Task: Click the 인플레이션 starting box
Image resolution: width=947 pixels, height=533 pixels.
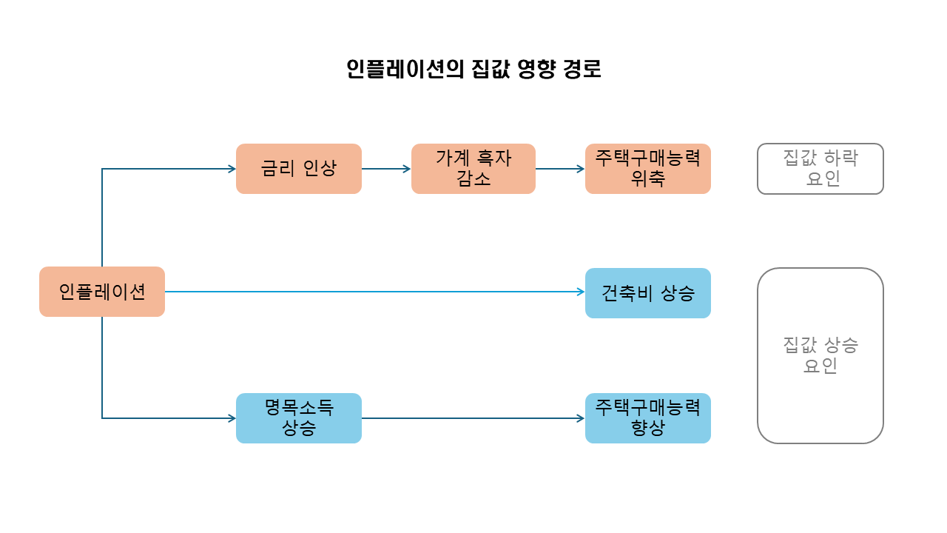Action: click(x=102, y=292)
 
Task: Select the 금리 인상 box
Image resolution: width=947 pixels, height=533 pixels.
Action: click(x=299, y=169)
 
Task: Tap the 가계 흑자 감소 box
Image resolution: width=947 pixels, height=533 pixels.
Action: click(x=473, y=169)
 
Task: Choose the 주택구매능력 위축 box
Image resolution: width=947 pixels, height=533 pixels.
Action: click(x=648, y=169)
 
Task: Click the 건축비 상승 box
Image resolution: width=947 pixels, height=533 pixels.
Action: click(x=648, y=293)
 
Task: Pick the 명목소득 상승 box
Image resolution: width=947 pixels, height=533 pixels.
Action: click(x=299, y=418)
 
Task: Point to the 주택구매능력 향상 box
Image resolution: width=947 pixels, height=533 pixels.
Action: click(x=648, y=418)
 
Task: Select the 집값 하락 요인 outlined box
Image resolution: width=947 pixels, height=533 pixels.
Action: click(x=820, y=169)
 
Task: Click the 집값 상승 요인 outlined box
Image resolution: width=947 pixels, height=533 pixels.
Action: click(x=820, y=355)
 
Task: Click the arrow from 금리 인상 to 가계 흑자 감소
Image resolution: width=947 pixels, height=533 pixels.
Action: click(x=386, y=169)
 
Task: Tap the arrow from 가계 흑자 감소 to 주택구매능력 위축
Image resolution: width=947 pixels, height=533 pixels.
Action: click(x=560, y=169)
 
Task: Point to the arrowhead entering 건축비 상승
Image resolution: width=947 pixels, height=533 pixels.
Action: click(x=581, y=292)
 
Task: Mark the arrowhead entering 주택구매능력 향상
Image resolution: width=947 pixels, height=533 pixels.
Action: click(x=581, y=418)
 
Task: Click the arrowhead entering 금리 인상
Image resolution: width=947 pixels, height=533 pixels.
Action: click(x=232, y=169)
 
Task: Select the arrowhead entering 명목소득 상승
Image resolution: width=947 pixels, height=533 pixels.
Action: click(x=232, y=418)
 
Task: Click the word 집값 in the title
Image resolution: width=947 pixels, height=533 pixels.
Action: click(x=489, y=69)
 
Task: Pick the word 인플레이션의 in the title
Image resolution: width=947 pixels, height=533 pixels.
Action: click(x=405, y=69)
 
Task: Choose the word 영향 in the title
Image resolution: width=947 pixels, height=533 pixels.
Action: click(x=535, y=69)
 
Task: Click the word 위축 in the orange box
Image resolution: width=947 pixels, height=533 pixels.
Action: click(x=648, y=178)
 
